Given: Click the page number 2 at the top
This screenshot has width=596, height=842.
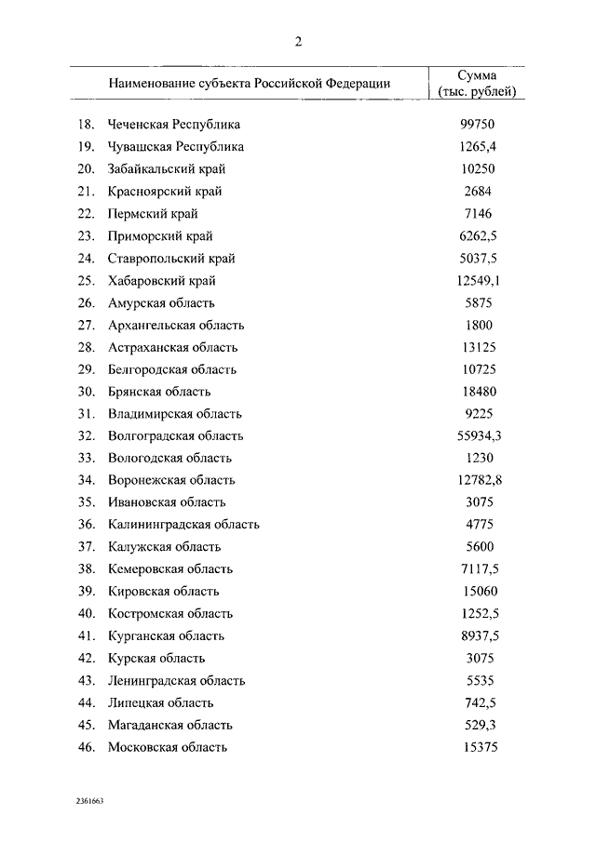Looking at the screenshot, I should tap(298, 41).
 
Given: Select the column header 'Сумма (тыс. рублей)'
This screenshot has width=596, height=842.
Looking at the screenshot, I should tap(476, 83).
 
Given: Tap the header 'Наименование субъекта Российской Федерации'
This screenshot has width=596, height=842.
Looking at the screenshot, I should tap(249, 83).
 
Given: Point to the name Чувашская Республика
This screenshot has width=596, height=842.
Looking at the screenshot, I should tap(175, 147).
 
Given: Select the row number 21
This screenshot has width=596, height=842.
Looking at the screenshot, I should tap(86, 192).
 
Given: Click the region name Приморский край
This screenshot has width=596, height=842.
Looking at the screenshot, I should tap(161, 236).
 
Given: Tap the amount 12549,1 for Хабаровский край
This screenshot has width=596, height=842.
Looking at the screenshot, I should tap(480, 281).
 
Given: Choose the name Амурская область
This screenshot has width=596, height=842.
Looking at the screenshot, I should tap(161, 303).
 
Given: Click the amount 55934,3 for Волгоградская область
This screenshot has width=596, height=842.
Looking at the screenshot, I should tap(480, 436).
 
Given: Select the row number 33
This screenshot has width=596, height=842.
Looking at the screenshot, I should tap(86, 459).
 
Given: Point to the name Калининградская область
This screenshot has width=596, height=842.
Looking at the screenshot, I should tap(183, 525).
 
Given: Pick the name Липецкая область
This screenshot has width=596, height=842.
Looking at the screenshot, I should tap(160, 703).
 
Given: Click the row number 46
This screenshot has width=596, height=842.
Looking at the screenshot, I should tap(86, 748).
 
